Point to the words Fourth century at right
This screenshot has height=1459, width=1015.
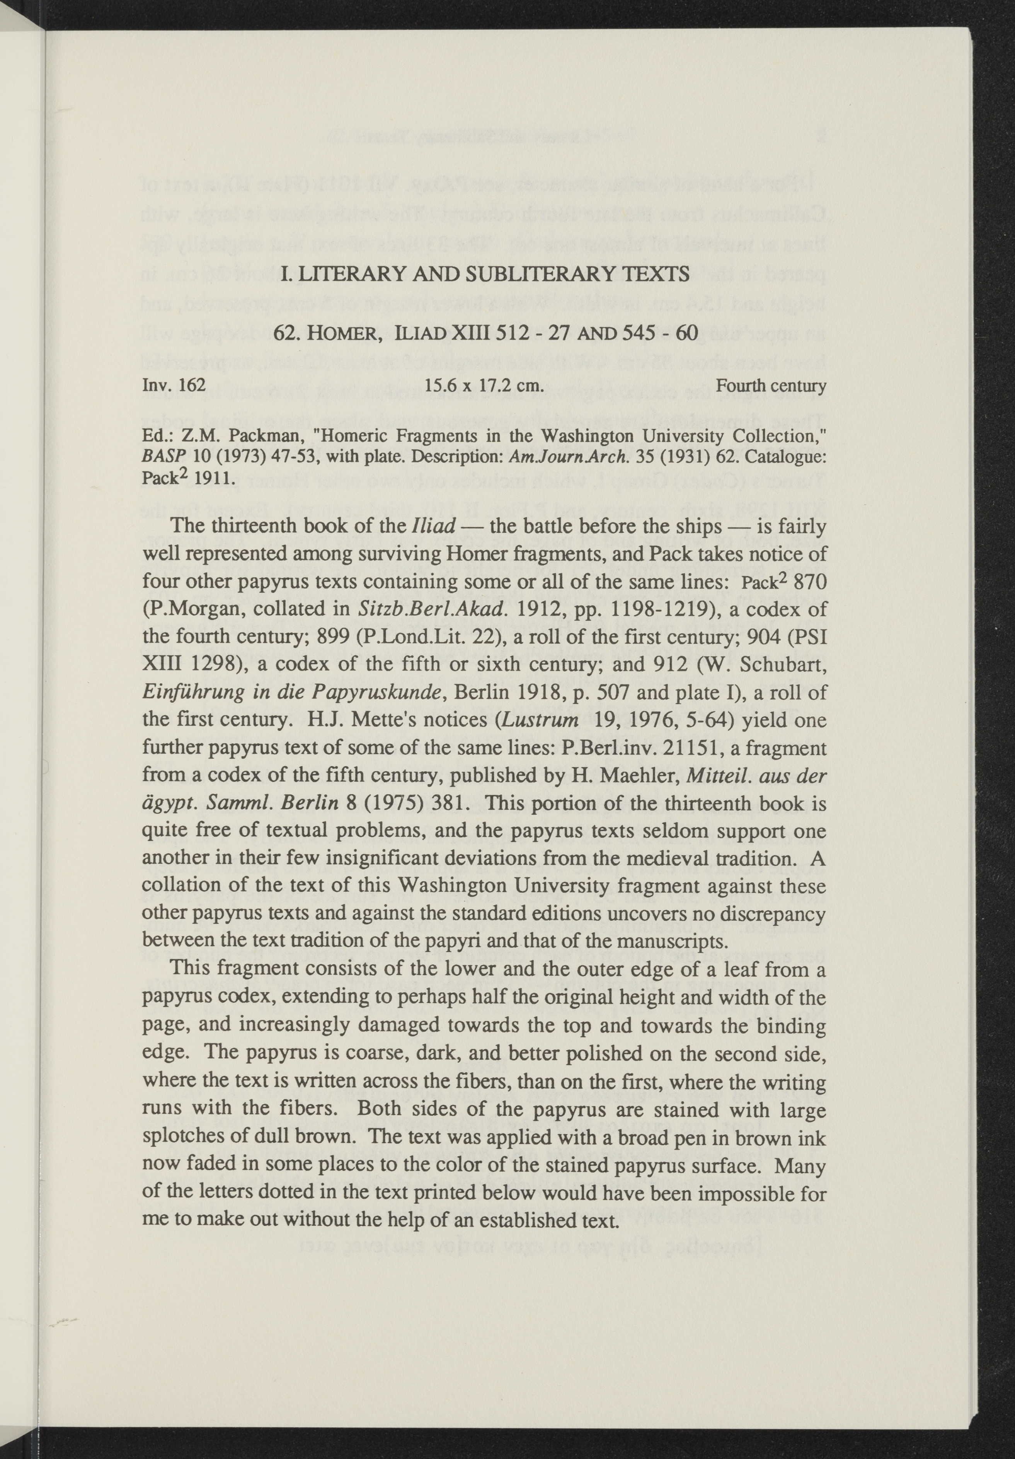(770, 385)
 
